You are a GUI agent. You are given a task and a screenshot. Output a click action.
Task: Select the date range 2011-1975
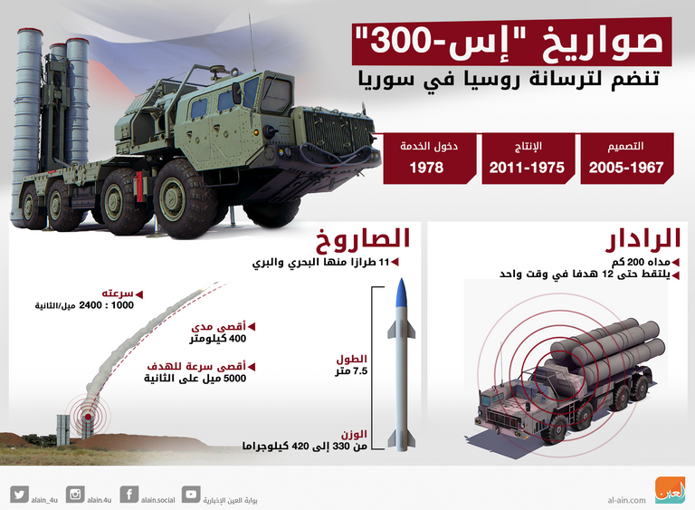[527, 168]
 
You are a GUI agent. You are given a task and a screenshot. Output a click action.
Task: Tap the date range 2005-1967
[626, 168]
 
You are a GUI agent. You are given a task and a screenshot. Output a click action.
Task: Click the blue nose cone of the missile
[404, 293]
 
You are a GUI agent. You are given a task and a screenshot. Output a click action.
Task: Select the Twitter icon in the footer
[19, 494]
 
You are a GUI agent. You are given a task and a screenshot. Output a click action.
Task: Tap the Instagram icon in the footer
[75, 494]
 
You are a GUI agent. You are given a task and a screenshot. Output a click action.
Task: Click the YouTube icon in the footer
[190, 494]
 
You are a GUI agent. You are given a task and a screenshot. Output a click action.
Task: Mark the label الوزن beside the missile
[353, 434]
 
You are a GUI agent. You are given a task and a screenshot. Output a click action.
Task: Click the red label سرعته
[119, 293]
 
